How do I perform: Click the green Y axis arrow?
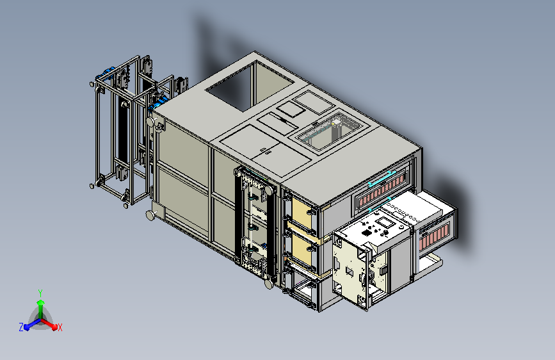pos(41,307)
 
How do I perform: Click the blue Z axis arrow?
pos(31,324)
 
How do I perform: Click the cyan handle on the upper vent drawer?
pos(382,179)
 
